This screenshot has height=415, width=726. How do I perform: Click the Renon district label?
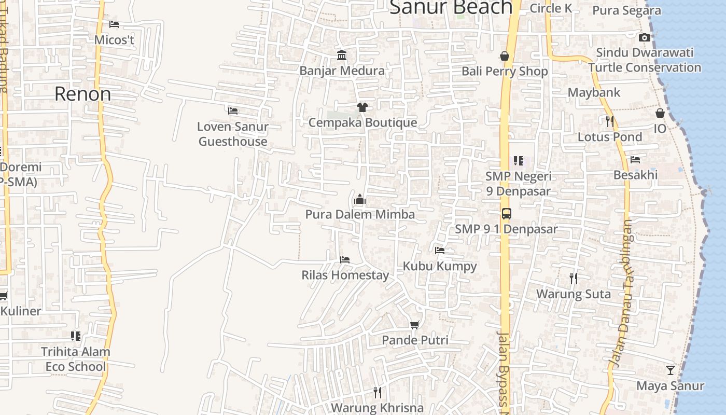(82, 94)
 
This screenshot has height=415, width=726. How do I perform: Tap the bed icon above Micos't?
(114, 24)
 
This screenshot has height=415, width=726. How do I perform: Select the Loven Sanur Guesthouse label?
(233, 134)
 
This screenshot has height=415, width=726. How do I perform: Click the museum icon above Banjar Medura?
(342, 56)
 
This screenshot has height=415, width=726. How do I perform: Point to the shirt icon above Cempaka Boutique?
(362, 107)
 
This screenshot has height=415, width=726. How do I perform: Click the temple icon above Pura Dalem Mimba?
(359, 199)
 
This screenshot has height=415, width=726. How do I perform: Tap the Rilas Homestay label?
(345, 275)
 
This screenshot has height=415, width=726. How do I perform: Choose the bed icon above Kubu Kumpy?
(440, 251)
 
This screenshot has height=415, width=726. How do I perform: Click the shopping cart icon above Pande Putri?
(414, 325)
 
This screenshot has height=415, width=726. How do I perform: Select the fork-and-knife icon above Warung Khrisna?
(378, 392)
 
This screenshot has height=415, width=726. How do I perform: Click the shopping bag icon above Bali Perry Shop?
(504, 56)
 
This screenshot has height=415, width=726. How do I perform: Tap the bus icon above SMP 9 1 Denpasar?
(506, 213)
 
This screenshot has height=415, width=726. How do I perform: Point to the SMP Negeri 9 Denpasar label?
(518, 184)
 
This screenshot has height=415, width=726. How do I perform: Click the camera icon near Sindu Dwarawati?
(645, 37)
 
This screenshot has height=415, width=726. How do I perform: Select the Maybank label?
(594, 92)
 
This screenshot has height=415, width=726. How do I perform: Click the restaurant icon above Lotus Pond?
(610, 121)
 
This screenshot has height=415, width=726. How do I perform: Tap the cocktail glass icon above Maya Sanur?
(670, 370)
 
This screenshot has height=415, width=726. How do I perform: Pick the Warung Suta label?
(573, 294)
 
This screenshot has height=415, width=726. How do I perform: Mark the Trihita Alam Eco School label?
(76, 359)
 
